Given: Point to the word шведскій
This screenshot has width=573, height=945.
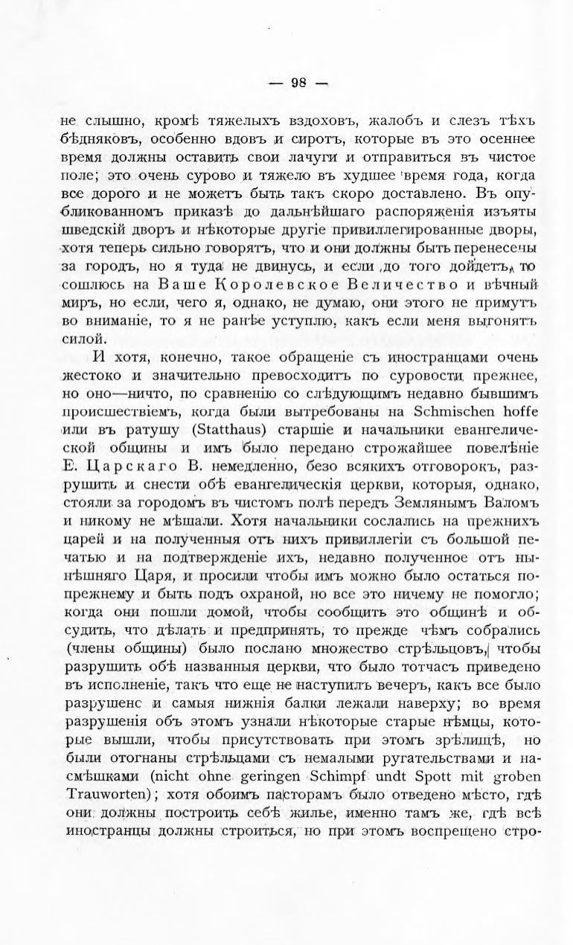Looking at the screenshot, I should [92, 231].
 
